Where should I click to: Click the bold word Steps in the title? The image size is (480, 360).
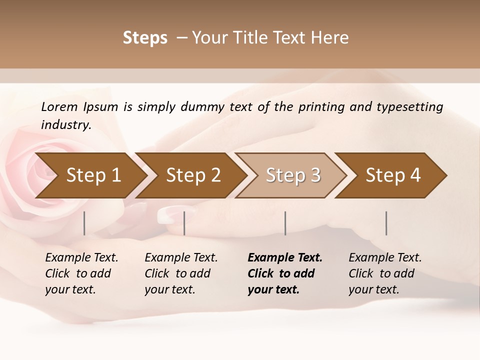click(145, 38)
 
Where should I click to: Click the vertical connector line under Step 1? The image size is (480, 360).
click(84, 223)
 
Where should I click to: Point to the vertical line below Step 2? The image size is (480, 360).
click(184, 223)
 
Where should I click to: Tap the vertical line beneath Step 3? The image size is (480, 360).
click(285, 223)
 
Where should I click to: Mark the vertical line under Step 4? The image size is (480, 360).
click(386, 223)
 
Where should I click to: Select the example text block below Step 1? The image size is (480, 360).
click(81, 273)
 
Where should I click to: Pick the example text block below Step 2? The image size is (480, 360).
click(181, 273)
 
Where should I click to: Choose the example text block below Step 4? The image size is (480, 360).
click(385, 273)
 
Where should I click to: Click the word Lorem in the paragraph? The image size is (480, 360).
click(59, 107)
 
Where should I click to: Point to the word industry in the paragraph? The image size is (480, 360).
click(66, 125)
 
